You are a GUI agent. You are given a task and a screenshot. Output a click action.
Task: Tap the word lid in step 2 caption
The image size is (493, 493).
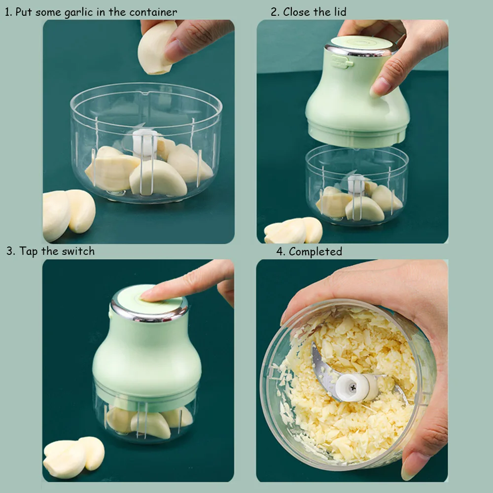(x=337, y=12)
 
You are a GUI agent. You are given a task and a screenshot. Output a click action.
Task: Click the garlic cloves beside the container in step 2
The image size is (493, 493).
(x=294, y=231)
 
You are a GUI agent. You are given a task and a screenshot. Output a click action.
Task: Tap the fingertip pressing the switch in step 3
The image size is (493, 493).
(x=148, y=295)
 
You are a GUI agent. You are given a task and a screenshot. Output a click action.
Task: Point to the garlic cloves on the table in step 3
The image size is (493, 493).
(x=74, y=456)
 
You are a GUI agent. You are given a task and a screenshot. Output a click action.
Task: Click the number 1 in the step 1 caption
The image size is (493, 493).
(x=7, y=12)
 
